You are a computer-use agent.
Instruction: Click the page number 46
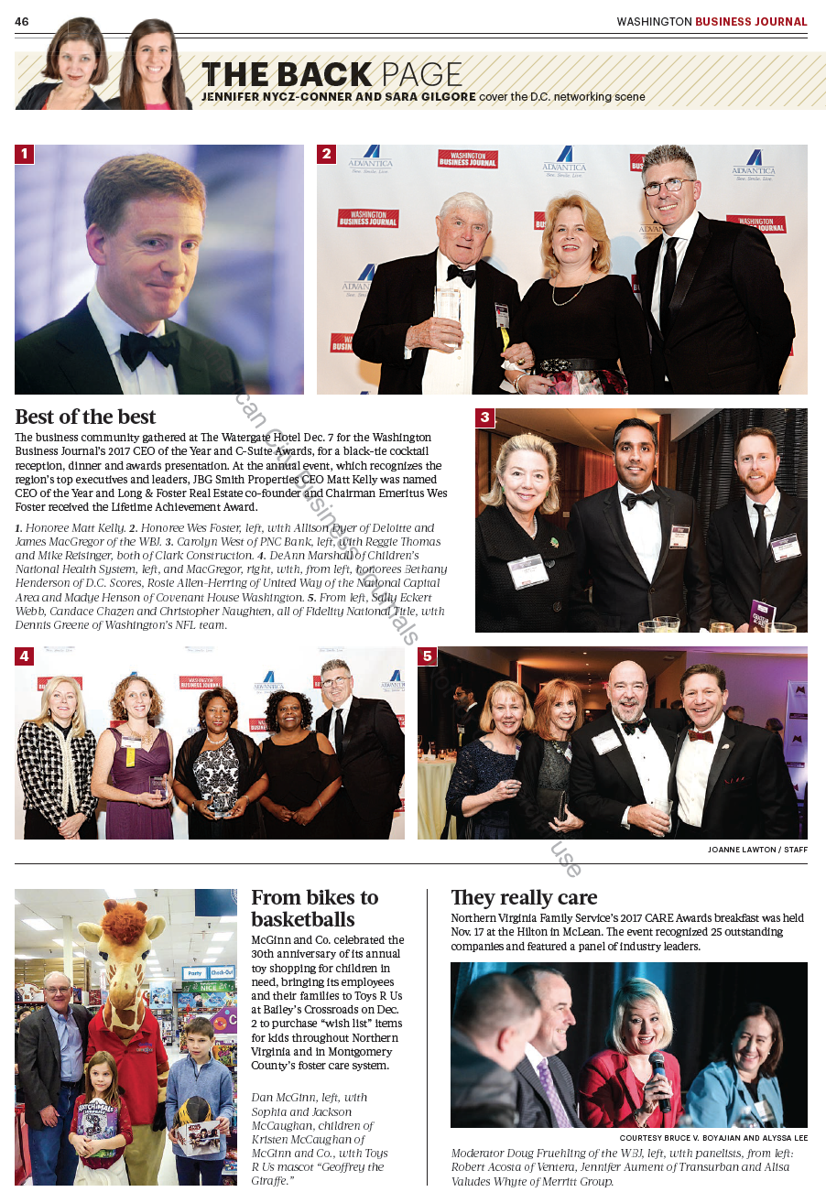point(22,21)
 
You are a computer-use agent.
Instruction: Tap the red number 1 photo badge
point(25,154)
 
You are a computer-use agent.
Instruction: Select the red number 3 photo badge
point(485,418)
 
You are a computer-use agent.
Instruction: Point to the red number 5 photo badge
point(428,656)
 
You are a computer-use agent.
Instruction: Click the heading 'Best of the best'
point(85,417)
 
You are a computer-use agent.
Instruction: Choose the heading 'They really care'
point(524,897)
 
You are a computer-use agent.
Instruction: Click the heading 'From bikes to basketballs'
point(314,908)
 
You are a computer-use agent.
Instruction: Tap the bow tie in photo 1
point(149,349)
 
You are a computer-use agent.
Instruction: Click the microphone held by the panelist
point(659,1076)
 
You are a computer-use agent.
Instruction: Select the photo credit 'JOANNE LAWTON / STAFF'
point(757,850)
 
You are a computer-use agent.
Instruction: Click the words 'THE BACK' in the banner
point(287,74)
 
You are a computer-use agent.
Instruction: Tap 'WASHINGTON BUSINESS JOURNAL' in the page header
point(712,21)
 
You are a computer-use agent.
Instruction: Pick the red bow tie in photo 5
point(700,735)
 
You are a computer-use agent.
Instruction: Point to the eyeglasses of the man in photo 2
point(668,187)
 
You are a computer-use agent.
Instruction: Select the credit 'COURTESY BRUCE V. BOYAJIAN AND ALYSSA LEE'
point(713,1138)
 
